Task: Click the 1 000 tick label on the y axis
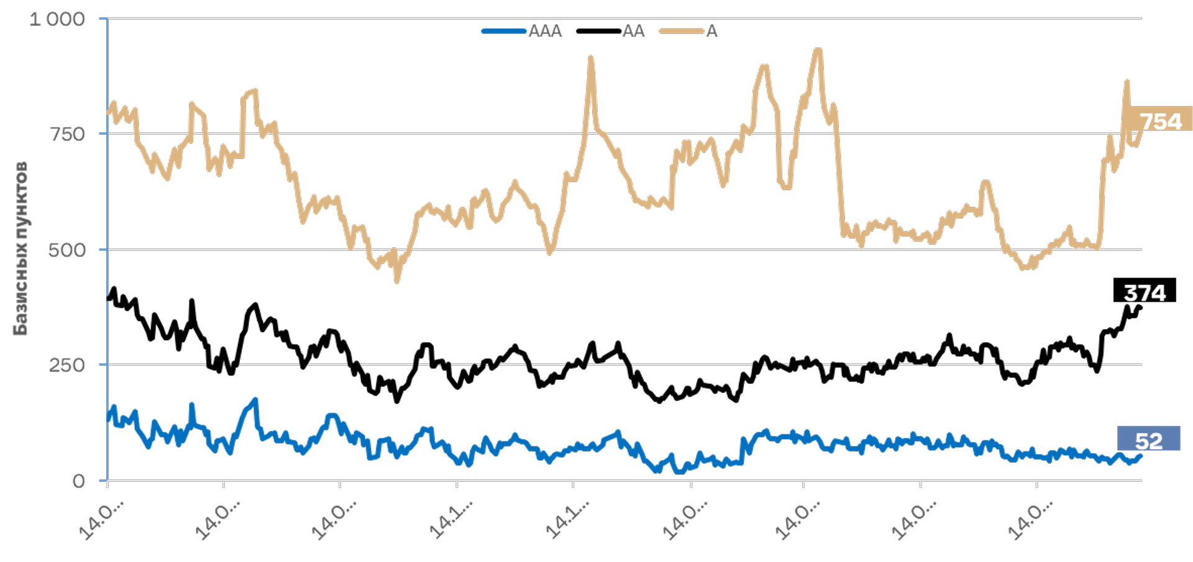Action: coord(57,19)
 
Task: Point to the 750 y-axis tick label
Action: coord(67,134)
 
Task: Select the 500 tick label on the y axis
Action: coord(67,250)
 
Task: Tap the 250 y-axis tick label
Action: coord(67,365)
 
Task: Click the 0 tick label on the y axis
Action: coord(78,481)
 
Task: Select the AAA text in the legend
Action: coord(545,31)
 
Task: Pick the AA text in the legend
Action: coord(634,31)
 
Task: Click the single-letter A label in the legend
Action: coord(712,31)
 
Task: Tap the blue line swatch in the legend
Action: coord(504,31)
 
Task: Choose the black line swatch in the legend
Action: coord(599,31)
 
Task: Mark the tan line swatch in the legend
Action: coord(682,31)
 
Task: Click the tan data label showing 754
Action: coord(1159,120)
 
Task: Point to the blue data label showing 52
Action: coord(1148,438)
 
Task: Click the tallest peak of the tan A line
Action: coord(818,50)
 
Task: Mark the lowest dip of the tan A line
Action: coord(397,281)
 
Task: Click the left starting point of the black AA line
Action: coord(109,299)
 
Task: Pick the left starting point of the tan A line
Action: coord(109,112)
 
